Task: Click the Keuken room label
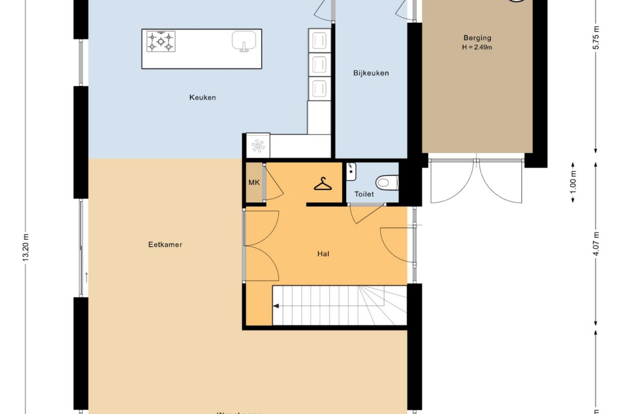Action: [202, 97]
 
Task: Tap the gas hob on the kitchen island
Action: [161, 41]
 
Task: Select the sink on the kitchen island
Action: [244, 41]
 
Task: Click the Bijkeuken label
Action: [371, 73]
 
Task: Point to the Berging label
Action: [477, 38]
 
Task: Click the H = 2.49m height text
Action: [477, 47]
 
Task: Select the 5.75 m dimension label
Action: [596, 37]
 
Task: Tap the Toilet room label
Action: [364, 194]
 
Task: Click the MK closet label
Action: [253, 183]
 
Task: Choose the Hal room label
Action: [323, 253]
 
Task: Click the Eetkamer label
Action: [165, 244]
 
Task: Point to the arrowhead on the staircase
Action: [276, 306]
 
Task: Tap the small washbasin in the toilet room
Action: [351, 172]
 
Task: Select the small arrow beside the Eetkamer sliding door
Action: [87, 278]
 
